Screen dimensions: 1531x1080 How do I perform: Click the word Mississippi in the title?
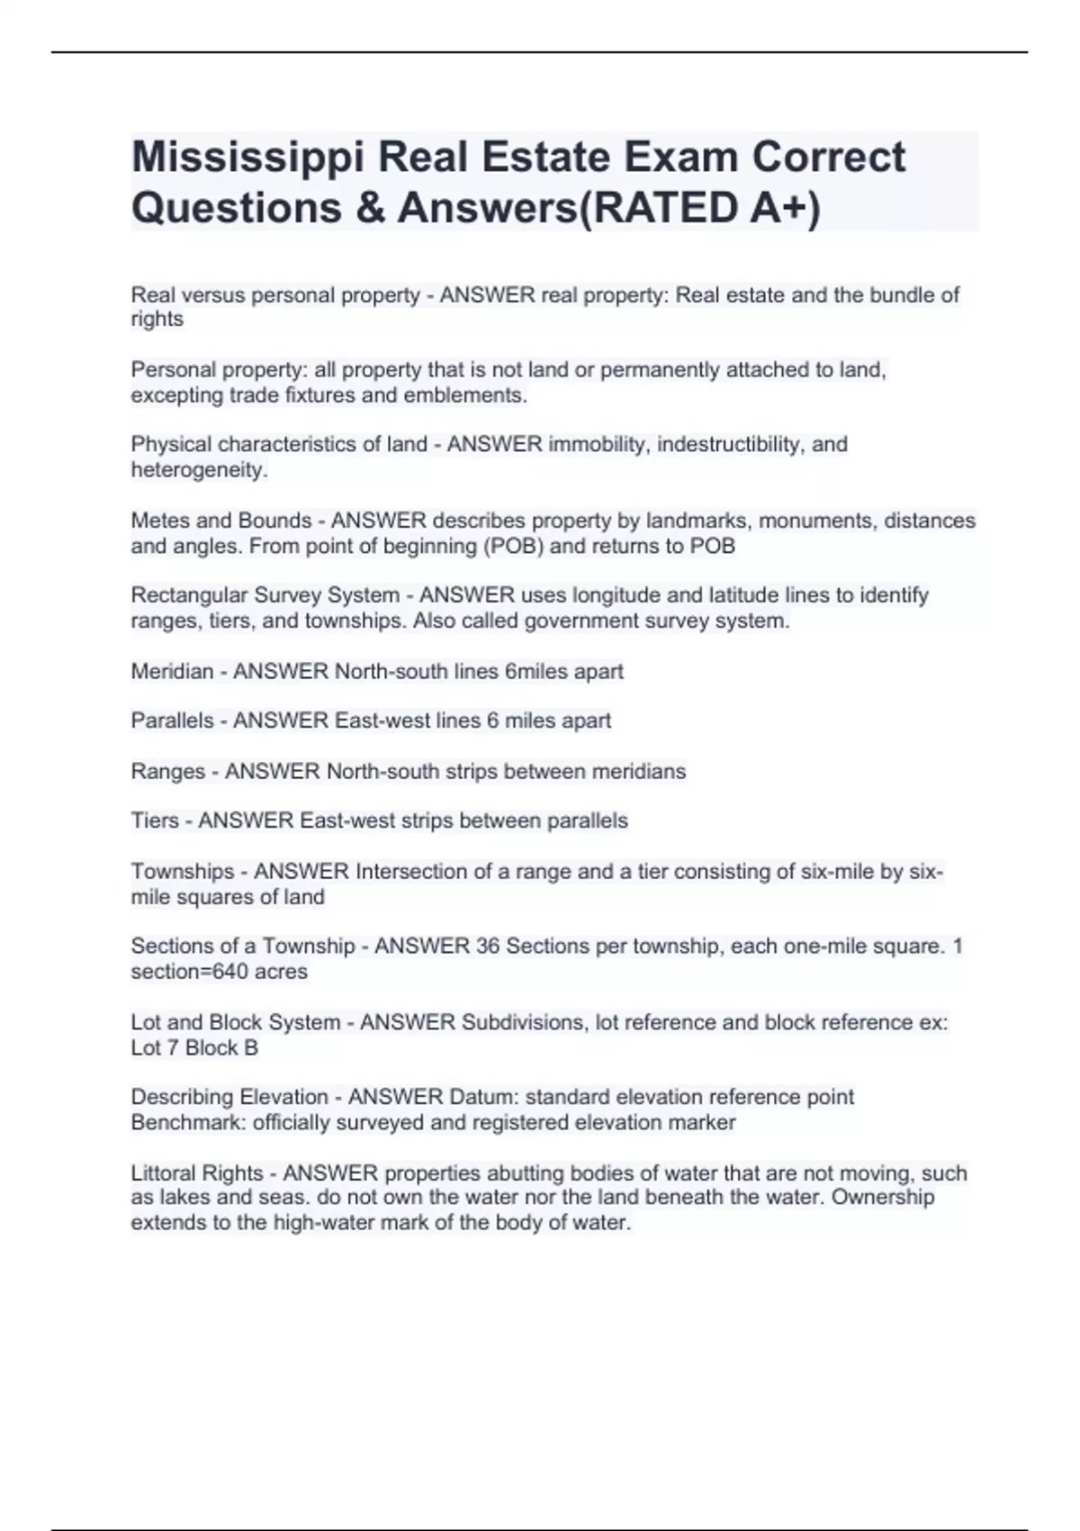tap(247, 158)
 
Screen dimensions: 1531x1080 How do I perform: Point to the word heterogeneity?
tap(198, 469)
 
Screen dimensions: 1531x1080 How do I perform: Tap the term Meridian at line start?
tap(172, 671)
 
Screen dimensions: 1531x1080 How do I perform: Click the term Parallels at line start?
tap(172, 720)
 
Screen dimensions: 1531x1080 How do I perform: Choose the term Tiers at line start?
tap(155, 820)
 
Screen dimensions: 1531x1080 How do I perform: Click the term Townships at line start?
tap(182, 872)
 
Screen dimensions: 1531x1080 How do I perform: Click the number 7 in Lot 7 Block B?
tap(173, 1047)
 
